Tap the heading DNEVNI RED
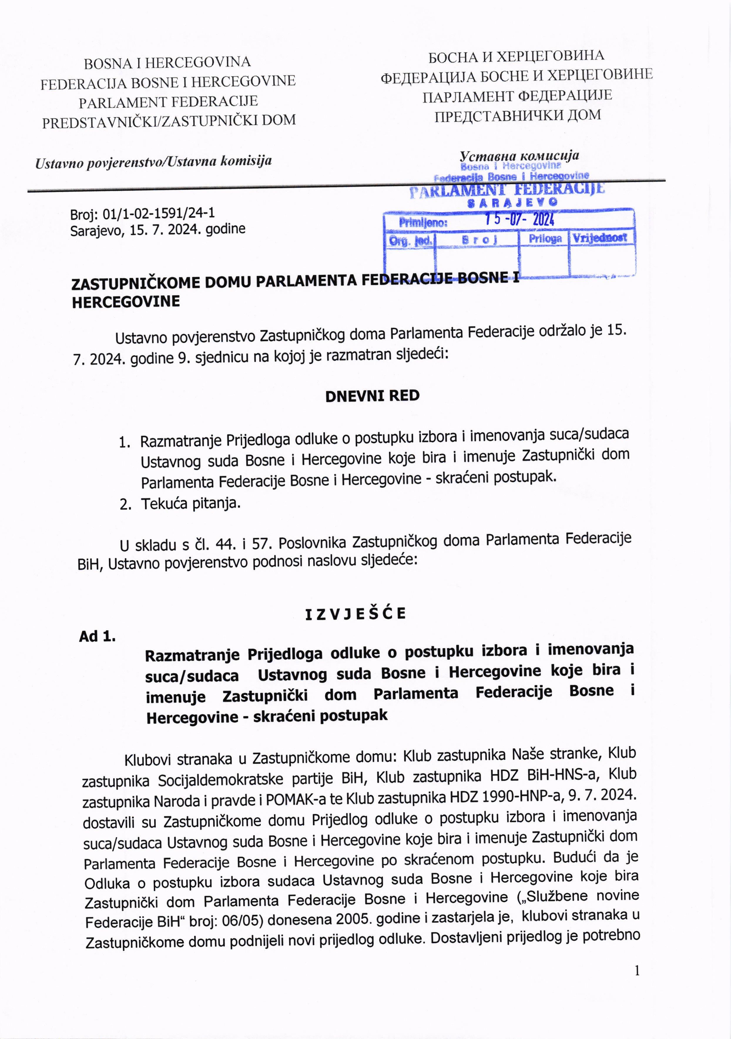[x=372, y=396]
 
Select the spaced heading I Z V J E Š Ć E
[x=355, y=614]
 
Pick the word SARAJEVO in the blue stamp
[x=512, y=202]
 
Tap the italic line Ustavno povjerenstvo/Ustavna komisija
[x=154, y=161]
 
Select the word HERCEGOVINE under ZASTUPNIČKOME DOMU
[x=126, y=302]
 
